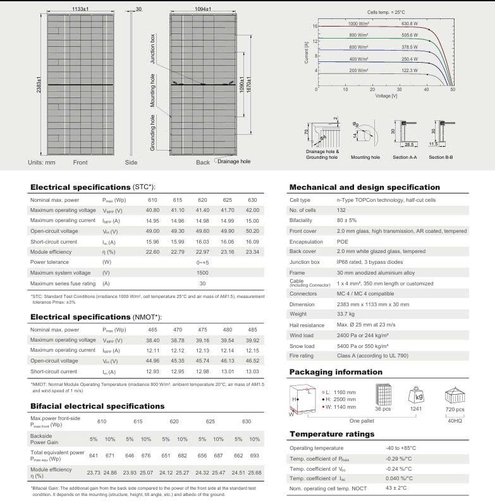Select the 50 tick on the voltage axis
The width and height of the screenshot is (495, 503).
pos(453,91)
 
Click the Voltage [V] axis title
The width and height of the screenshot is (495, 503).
pos(386,96)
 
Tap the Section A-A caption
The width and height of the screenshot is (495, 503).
pos(405,157)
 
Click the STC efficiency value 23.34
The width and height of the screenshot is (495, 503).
pos(252,251)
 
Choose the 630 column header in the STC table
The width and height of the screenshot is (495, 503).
pos(252,200)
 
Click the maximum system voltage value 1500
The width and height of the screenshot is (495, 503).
pos(202,272)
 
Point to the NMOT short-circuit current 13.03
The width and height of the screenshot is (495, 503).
pos(252,371)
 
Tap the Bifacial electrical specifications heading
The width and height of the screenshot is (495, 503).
pos(97,406)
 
